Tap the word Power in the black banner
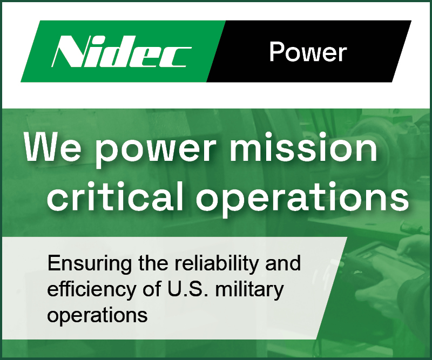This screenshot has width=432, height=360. click(308, 52)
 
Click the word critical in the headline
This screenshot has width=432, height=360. click(115, 196)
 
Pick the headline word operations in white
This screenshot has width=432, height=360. click(302, 199)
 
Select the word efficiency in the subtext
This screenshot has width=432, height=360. click(91, 290)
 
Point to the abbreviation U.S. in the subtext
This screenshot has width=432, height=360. click(187, 289)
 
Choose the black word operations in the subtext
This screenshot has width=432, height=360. click(98, 315)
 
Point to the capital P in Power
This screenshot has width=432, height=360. click(276, 52)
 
